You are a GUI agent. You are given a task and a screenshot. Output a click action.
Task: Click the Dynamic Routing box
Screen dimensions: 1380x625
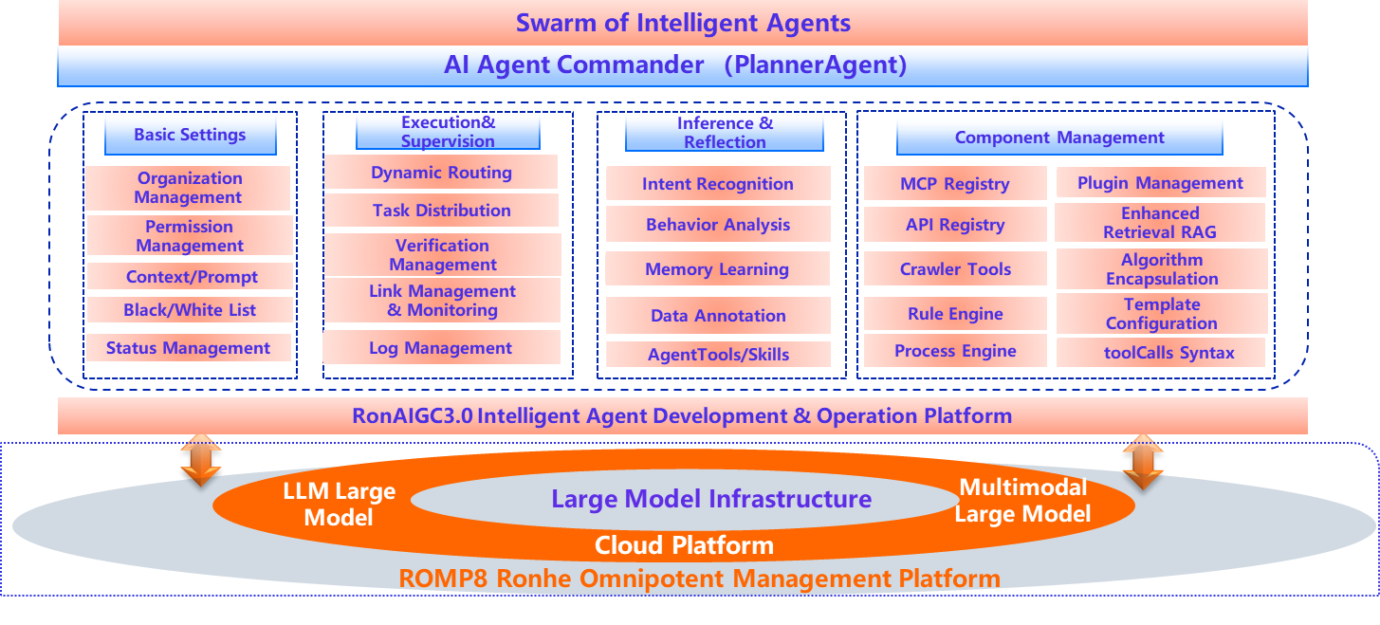tap(442, 172)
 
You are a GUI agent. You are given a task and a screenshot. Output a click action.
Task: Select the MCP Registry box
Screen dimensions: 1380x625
tap(955, 183)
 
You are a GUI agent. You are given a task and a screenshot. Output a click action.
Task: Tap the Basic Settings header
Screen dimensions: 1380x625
tap(191, 135)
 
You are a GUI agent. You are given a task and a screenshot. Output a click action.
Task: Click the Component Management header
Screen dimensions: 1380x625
tap(1059, 138)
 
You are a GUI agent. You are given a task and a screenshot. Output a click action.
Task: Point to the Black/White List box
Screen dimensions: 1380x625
tap(190, 310)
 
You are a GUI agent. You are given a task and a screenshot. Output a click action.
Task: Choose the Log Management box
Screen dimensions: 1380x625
tap(441, 347)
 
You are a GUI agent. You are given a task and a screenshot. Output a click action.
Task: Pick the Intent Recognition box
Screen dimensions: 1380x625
tap(718, 183)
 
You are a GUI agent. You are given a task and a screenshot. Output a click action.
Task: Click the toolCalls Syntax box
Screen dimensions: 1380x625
tap(1162, 352)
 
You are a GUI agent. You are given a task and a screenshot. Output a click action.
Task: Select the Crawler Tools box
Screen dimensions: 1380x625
tap(955, 268)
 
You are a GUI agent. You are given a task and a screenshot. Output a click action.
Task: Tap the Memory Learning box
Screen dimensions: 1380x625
tap(717, 268)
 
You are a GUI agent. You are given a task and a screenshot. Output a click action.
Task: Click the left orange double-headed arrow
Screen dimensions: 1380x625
tap(200, 460)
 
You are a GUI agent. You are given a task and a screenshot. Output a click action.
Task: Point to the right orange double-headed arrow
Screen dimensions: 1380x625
tap(1143, 462)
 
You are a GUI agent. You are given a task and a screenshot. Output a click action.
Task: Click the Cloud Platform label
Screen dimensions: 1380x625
tap(684, 545)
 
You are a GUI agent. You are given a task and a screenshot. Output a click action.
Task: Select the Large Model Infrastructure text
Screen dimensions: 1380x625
tap(711, 498)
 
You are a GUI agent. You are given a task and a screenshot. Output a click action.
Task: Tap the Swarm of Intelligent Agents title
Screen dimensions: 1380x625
tap(683, 23)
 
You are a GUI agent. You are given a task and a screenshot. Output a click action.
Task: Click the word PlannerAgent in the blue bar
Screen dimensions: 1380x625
tap(815, 64)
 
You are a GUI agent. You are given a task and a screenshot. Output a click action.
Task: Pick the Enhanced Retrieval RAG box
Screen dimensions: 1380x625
tap(1160, 222)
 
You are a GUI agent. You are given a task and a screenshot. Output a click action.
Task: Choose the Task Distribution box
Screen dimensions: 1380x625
tap(442, 210)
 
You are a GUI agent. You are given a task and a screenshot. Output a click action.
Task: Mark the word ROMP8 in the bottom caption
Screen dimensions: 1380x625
tap(443, 579)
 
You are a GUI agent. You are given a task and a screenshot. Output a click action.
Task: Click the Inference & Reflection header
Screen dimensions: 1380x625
tap(725, 133)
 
